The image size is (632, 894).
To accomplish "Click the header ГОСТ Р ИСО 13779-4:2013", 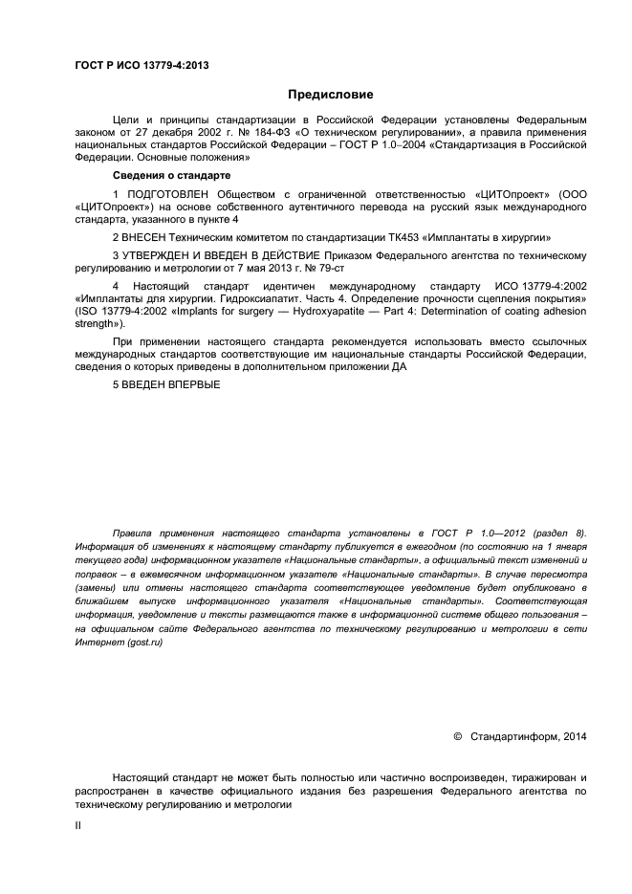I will coord(142,66).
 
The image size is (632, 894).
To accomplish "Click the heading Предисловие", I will coord(331,95).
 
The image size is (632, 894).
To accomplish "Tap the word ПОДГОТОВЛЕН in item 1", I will coord(168,194).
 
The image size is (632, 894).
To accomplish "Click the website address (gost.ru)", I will coord(143,643).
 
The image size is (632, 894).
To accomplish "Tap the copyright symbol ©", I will coord(457,736).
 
